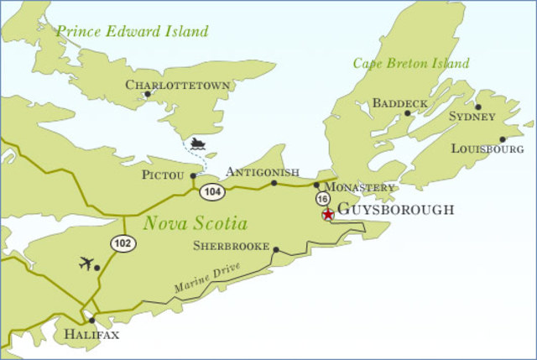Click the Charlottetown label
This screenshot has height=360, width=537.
pos(165,84)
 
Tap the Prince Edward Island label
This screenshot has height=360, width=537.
pos(132,32)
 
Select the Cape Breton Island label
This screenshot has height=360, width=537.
pos(411,63)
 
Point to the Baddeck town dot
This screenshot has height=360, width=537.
pos(408,113)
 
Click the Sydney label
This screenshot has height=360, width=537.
pos(472,116)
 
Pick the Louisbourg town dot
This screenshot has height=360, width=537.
pos(503,139)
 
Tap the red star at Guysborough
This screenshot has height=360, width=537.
pos(328,215)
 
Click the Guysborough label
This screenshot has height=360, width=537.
pos(395,210)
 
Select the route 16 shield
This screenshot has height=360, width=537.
pos(323,199)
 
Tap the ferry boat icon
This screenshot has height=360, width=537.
pos(199,145)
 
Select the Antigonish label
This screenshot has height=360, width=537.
pos(263,172)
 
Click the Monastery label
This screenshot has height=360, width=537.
pos(359,186)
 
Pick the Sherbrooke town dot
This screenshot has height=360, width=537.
pos(276,249)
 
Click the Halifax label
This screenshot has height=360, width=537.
pos(92,335)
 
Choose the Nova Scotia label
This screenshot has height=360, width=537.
pos(196,224)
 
